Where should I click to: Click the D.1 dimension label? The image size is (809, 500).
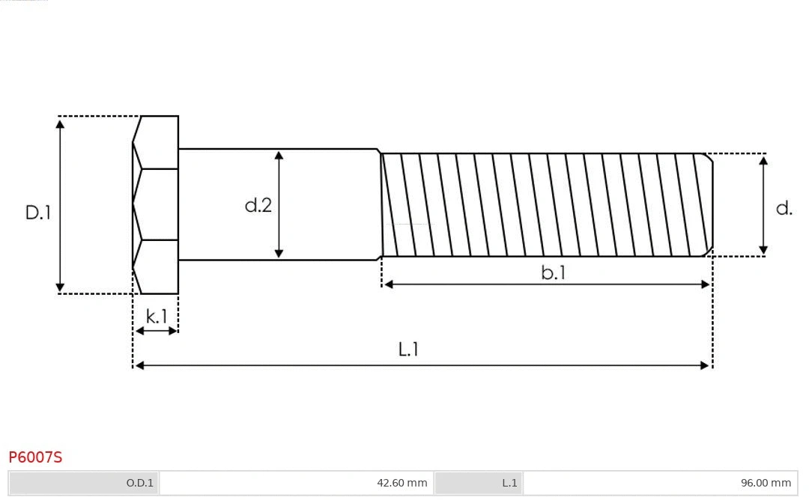[38, 213]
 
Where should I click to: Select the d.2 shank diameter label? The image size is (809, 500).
[258, 205]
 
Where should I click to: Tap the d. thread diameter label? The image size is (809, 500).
[784, 208]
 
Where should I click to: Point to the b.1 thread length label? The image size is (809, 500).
[553, 273]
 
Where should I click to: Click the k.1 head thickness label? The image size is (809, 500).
[157, 317]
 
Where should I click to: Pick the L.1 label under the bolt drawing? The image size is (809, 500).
[408, 349]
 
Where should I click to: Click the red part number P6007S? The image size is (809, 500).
[35, 457]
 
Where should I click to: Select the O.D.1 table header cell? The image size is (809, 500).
[139, 483]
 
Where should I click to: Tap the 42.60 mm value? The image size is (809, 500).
[402, 483]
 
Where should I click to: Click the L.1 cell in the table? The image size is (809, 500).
[509, 483]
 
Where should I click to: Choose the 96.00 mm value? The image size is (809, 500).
[766, 483]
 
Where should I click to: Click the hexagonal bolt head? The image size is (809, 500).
[156, 204]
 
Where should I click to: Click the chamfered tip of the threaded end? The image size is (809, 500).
[708, 204]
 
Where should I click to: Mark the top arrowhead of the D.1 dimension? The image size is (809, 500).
[61, 123]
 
